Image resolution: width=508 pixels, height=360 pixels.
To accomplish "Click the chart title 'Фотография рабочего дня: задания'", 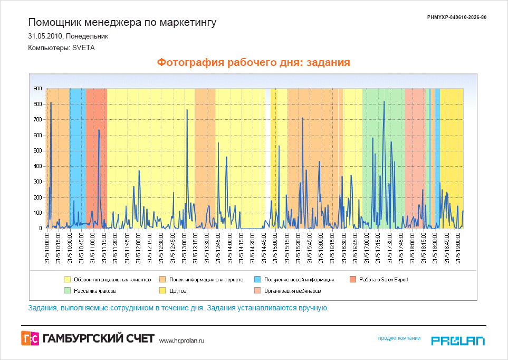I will [x=254, y=62].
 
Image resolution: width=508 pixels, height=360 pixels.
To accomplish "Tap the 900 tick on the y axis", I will [x=37, y=89].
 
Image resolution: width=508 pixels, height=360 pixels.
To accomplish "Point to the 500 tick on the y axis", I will [x=37, y=151].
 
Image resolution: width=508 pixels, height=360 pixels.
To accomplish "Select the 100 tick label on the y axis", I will [x=37, y=213].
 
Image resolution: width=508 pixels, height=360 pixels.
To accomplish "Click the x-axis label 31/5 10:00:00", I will [x=46, y=249].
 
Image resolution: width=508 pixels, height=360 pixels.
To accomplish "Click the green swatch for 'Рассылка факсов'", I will [x=67, y=291].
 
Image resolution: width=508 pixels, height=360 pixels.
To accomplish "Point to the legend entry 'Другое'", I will [x=177, y=291].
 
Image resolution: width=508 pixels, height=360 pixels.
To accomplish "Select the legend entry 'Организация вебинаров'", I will [x=293, y=291].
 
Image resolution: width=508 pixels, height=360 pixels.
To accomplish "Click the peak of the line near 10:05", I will [x=51, y=102].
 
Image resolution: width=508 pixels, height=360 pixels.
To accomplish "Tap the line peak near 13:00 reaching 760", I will [x=187, y=110].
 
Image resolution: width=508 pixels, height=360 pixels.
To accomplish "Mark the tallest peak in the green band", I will [x=384, y=102].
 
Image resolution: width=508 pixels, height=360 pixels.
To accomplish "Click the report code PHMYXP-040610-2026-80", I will [x=456, y=17].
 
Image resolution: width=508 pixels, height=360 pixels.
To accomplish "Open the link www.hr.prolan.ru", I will [x=181, y=340].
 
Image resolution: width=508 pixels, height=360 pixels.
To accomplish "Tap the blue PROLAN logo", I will [x=458, y=340].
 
